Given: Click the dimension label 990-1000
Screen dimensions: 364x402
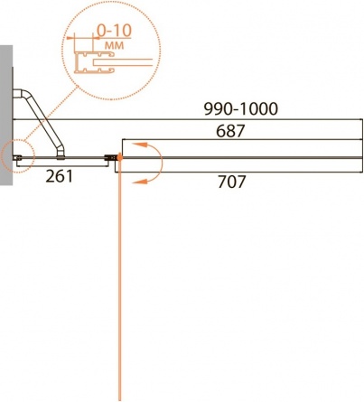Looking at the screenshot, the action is pos(240,109).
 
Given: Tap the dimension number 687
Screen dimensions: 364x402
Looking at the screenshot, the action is pos(230,131).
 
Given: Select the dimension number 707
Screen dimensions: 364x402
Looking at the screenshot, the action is pos(231,182).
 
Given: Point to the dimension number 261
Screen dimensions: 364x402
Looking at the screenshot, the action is pos(59,176).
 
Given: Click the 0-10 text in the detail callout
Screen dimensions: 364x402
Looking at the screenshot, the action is pos(115,31).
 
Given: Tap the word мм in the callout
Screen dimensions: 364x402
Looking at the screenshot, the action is pos(114,45).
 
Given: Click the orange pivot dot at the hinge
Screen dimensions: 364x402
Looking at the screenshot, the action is pos(119,157).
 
